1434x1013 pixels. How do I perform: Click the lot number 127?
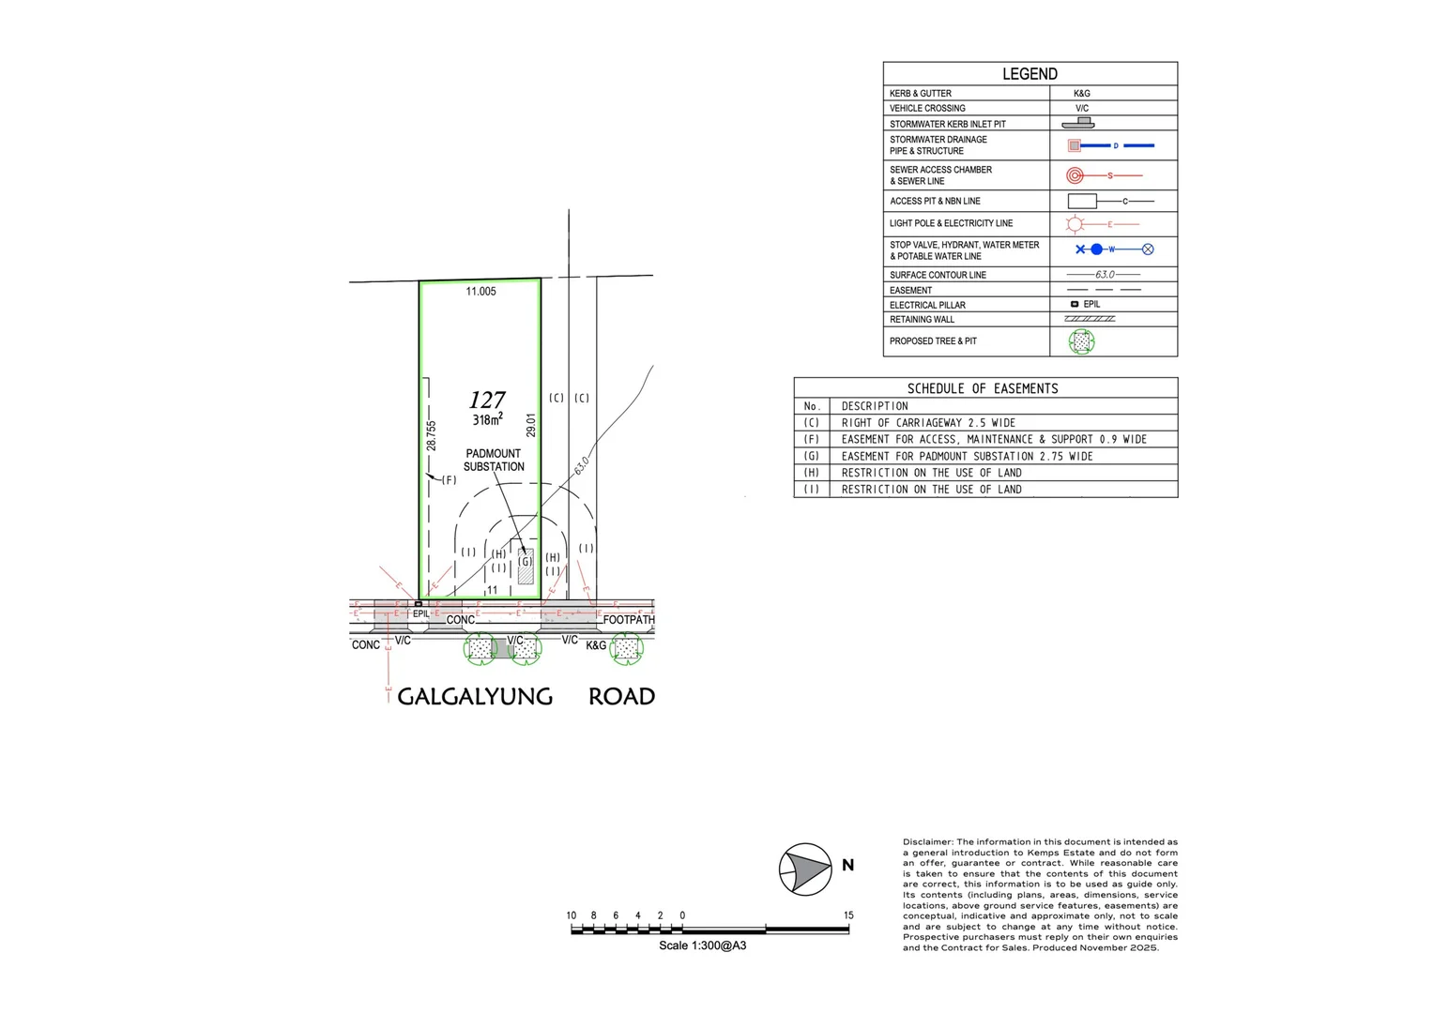click(487, 401)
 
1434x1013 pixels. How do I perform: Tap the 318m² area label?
click(487, 420)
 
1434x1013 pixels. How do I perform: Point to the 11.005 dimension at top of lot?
click(481, 292)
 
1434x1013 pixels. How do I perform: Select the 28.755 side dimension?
click(431, 435)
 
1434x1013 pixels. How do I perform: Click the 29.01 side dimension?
click(531, 426)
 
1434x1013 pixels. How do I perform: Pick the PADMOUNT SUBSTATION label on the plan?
click(494, 460)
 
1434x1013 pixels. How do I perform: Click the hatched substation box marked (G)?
click(526, 566)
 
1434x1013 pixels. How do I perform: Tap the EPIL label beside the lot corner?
click(421, 614)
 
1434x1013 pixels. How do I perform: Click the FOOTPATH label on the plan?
click(629, 620)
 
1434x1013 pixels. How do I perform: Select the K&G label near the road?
click(596, 645)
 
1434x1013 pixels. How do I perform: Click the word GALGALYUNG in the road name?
click(475, 697)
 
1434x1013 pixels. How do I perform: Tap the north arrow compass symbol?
click(805, 869)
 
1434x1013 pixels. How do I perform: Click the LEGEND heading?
click(1030, 74)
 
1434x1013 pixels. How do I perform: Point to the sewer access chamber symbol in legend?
click(1075, 175)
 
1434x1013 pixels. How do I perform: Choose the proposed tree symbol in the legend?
click(1081, 341)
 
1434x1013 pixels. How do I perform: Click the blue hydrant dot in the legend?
click(1096, 249)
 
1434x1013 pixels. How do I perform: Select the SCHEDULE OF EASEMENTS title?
click(983, 388)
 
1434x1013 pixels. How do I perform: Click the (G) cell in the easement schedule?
click(812, 456)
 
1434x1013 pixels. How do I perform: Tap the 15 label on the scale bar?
click(848, 915)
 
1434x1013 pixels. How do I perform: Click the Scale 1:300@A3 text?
click(702, 945)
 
